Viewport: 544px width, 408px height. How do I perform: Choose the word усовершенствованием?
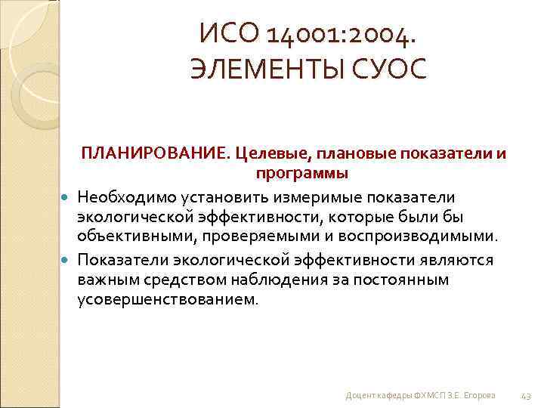167,298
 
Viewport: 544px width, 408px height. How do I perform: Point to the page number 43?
527,396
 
